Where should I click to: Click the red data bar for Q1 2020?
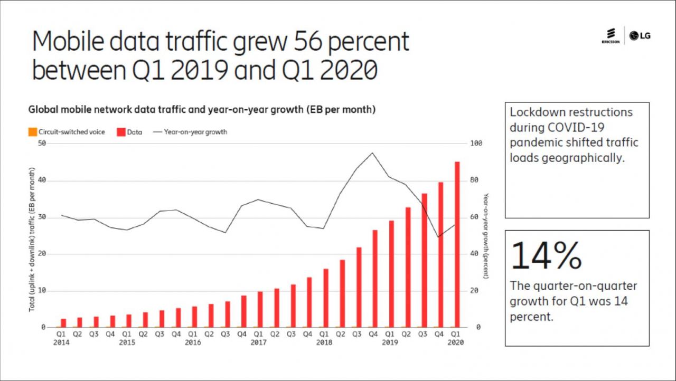457,244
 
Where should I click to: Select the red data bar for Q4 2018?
375,279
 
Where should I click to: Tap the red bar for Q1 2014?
63,323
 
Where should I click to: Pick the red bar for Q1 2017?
260,309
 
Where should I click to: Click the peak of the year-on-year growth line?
372,153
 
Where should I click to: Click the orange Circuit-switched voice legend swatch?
33,132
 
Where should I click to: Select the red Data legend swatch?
121,132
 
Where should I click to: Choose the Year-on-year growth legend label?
195,132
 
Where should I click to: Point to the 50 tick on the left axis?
42,143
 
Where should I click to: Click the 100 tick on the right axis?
476,143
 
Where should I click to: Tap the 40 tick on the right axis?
474,253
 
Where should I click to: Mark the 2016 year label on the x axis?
193,342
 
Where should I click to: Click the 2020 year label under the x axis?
456,342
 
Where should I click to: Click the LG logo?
640,36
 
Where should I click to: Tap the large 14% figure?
546,255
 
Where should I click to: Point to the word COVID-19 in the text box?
576,128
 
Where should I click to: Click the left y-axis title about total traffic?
32,240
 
